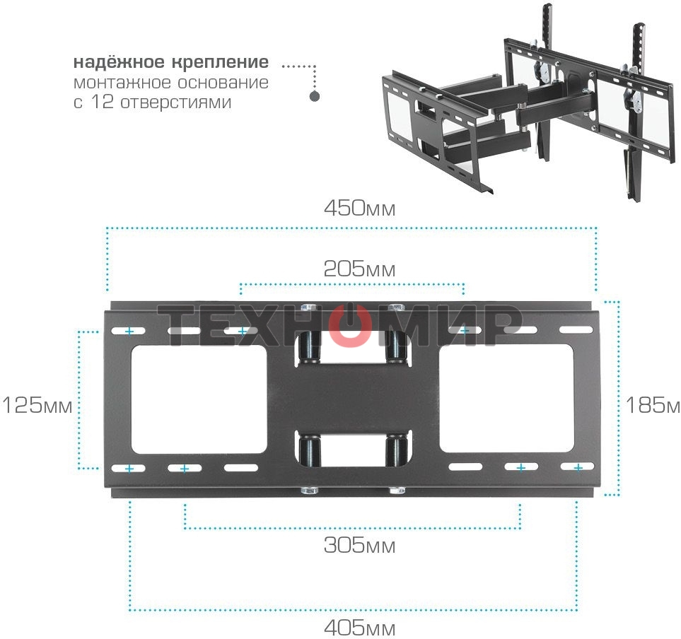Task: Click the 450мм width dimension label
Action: (359, 209)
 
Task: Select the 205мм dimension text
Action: (359, 269)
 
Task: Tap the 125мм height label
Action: (37, 406)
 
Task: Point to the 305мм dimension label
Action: (359, 546)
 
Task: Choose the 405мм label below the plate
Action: (359, 628)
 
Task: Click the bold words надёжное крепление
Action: (170, 61)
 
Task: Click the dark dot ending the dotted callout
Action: (315, 97)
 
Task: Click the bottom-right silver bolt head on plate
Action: (395, 490)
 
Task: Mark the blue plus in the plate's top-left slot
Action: (129, 331)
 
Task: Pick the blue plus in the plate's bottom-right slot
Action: (578, 468)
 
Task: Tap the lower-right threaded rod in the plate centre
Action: (395, 450)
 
